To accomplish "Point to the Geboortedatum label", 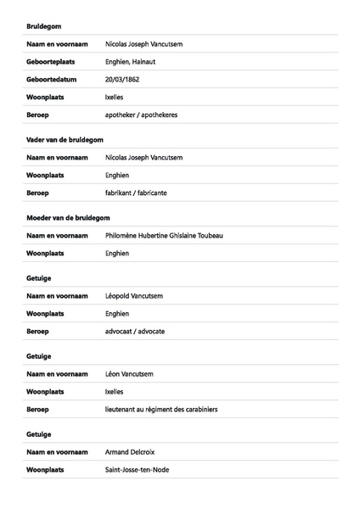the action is click(x=52, y=79).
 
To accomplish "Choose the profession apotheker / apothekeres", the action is click(x=141, y=115).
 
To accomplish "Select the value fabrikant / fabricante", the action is click(x=136, y=193).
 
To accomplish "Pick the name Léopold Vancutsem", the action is click(x=134, y=295).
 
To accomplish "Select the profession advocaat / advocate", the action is click(x=135, y=331).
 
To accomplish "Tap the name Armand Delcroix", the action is click(x=130, y=451).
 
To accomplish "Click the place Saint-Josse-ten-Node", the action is click(x=137, y=469).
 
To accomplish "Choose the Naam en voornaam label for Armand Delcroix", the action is click(x=58, y=451).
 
